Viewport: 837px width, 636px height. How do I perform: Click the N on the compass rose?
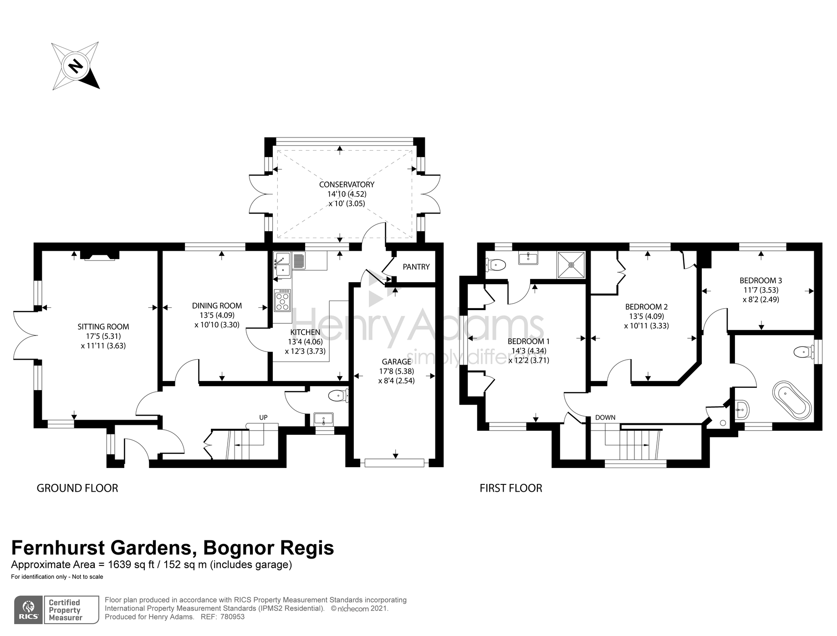(x=76, y=66)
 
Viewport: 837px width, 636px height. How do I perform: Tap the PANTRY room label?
(x=416, y=267)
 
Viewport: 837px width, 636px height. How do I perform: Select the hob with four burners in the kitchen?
(x=282, y=300)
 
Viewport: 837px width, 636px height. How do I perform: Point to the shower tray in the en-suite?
(x=571, y=265)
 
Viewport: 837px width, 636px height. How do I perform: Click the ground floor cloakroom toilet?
(x=338, y=396)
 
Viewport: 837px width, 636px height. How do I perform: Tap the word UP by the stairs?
(x=263, y=417)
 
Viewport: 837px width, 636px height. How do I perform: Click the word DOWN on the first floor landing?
(x=605, y=417)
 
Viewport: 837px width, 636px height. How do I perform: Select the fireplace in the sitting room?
(x=100, y=255)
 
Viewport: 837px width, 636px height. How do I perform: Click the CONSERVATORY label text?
(x=347, y=184)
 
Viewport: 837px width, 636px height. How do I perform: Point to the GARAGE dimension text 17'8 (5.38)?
(x=396, y=371)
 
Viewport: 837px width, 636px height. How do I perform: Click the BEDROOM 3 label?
(x=760, y=280)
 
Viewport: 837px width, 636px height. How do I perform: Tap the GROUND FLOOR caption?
(x=77, y=488)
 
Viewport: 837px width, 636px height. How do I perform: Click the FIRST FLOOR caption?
(x=510, y=488)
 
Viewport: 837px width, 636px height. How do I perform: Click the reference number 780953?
(x=232, y=617)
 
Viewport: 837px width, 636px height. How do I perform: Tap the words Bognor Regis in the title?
(x=268, y=548)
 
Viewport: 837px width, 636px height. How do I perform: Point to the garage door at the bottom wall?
(x=395, y=463)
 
